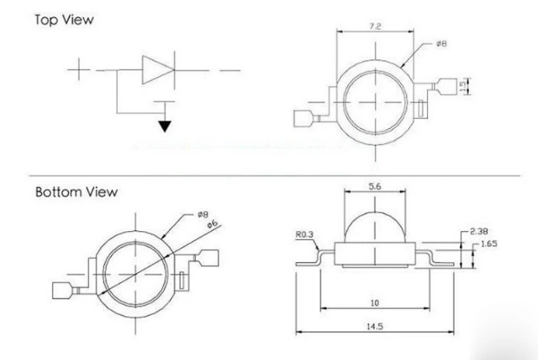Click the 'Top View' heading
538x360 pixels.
(x=64, y=20)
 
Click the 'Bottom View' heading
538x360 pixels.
(x=76, y=192)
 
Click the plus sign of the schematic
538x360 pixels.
(x=79, y=69)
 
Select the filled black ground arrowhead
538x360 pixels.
(x=164, y=127)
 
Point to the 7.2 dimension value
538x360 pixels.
(x=375, y=26)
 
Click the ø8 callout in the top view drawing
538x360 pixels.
(x=441, y=43)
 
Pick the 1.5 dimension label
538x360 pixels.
(x=463, y=86)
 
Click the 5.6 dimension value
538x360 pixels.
(x=375, y=186)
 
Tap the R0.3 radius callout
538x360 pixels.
(x=304, y=235)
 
